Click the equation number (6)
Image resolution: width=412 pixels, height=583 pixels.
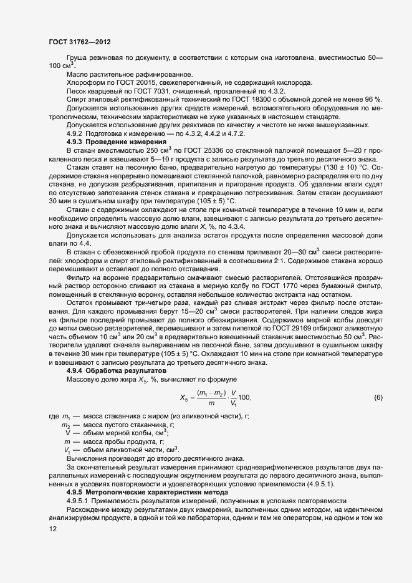pyautogui.click(x=378, y=398)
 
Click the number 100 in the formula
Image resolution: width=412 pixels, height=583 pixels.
pyautogui.click(x=244, y=398)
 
